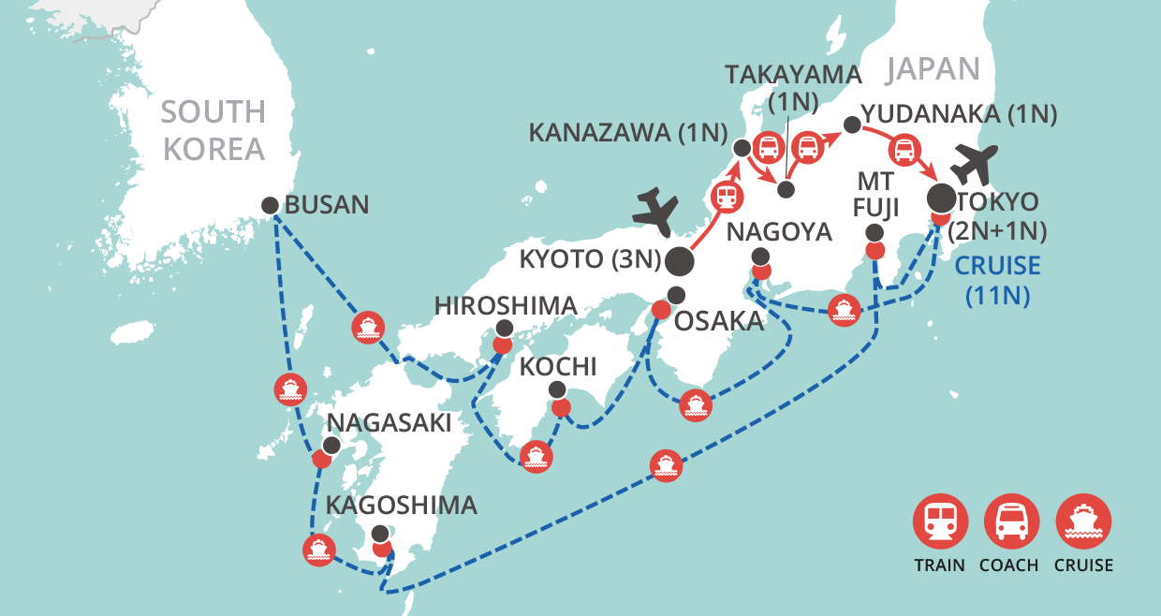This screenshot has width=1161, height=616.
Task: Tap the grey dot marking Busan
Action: click(x=270, y=205)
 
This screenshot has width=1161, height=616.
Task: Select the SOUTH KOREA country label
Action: click(x=213, y=130)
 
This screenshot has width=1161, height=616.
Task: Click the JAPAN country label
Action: click(x=933, y=68)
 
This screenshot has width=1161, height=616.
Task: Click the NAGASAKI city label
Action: click(x=389, y=423)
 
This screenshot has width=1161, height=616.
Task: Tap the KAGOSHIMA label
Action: click(x=402, y=506)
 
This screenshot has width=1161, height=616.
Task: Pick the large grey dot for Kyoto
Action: click(x=679, y=262)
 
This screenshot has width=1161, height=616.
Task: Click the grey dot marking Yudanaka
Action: click(x=851, y=125)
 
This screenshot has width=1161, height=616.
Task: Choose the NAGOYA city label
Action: click(x=779, y=231)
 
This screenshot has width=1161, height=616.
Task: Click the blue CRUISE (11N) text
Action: click(x=997, y=280)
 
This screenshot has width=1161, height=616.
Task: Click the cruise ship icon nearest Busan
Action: click(x=366, y=327)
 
